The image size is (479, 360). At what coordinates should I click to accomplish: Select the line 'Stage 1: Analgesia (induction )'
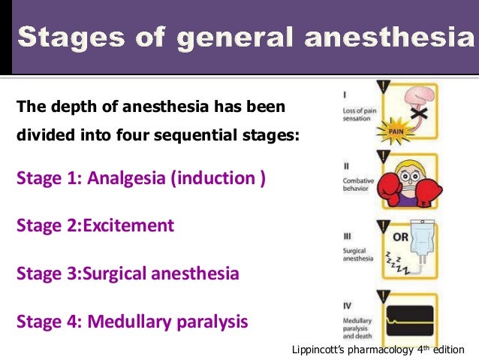click(140, 179)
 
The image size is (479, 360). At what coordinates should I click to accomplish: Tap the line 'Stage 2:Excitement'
click(95, 225)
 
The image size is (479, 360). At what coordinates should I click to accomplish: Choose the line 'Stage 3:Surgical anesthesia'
click(128, 273)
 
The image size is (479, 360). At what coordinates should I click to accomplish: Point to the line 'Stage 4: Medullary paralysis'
click(132, 322)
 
